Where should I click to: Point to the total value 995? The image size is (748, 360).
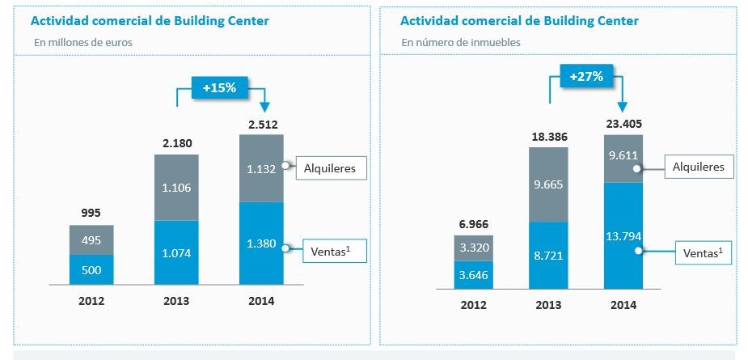(91, 214)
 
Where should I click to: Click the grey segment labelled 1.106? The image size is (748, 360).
(176, 187)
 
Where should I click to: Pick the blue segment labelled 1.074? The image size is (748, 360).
(176, 252)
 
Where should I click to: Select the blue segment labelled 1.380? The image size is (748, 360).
(262, 243)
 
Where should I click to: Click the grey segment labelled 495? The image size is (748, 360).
(91, 239)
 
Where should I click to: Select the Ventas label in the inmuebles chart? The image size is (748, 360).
(699, 252)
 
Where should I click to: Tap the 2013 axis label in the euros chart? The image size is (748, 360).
(176, 301)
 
